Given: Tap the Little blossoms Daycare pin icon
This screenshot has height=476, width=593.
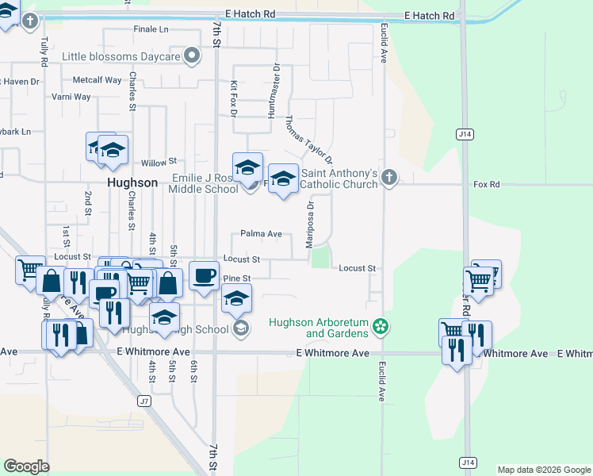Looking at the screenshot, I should click(x=191, y=56).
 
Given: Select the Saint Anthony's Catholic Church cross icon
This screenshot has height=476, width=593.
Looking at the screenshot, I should click(x=388, y=177).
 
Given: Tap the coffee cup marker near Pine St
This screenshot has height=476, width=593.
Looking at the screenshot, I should click(x=205, y=274).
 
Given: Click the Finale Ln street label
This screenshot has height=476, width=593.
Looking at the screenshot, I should click(x=151, y=29).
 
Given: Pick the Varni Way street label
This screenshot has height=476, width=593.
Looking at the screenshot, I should click(x=71, y=97).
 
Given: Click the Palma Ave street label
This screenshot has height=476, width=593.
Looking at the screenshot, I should click(x=262, y=234).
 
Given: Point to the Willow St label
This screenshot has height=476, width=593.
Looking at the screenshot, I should click(x=159, y=161).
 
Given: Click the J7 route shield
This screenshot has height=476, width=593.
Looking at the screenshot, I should click(x=143, y=401).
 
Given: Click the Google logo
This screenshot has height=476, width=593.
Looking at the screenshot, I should click(x=26, y=466).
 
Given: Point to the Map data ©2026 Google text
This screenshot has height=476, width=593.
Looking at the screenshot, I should click(x=543, y=470).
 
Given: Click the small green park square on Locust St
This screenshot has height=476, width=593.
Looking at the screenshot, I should click(x=320, y=259).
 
